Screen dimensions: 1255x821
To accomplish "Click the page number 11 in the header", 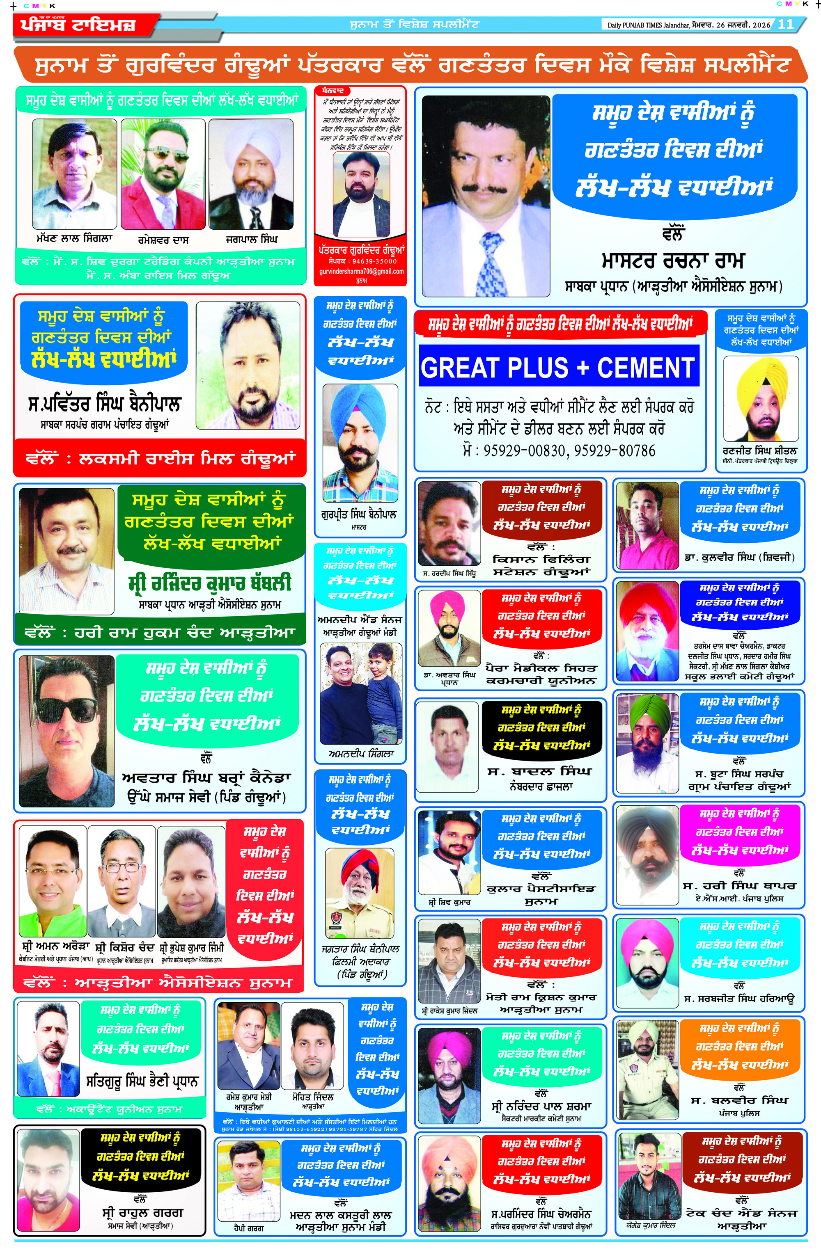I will click(x=785, y=24).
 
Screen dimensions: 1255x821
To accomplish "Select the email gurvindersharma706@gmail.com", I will click(x=361, y=272).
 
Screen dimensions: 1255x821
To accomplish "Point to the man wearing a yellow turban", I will click(x=760, y=398).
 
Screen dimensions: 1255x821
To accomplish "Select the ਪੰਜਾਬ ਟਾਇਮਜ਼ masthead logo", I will click(x=78, y=25).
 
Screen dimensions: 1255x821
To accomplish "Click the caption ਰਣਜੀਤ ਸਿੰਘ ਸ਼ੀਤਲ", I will click(x=760, y=451).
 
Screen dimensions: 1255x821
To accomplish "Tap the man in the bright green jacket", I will click(x=52, y=881).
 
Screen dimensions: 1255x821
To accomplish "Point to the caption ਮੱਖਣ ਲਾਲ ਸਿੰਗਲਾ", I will click(x=74, y=238).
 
